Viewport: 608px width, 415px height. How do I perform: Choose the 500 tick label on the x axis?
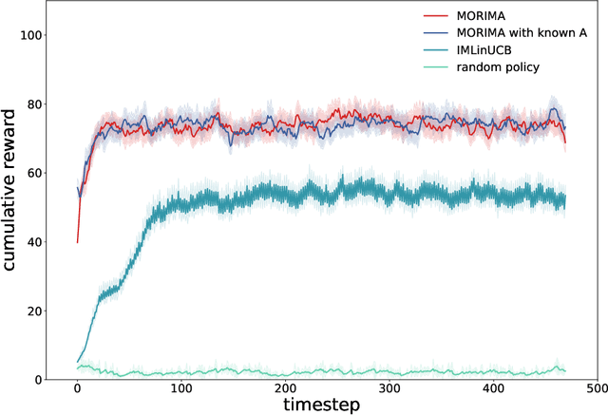(597, 389)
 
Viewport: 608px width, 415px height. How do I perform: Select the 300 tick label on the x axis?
(389, 389)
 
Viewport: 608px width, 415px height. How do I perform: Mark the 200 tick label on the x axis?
(285, 389)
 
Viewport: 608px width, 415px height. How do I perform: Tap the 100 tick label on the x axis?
(180, 389)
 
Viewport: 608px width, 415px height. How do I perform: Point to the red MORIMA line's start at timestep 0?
(77, 242)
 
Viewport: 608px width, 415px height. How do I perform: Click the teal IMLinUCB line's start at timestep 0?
(77, 362)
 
